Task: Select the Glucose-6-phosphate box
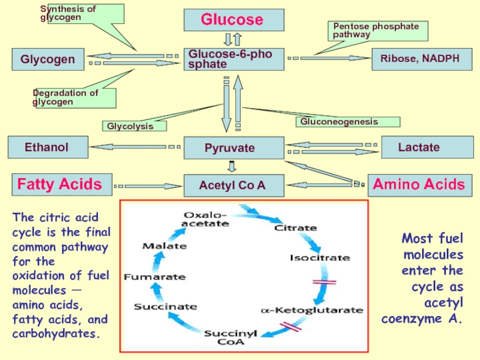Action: click(x=233, y=59)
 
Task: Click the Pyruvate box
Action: click(x=233, y=148)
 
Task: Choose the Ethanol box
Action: click(x=47, y=146)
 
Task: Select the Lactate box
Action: click(x=419, y=147)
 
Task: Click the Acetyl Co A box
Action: click(x=233, y=185)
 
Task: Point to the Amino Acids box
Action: click(x=419, y=184)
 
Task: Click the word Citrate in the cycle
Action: click(x=295, y=228)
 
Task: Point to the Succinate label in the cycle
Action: click(x=165, y=307)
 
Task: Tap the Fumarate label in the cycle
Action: click(x=154, y=277)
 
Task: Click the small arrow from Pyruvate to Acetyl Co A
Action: click(x=233, y=166)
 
